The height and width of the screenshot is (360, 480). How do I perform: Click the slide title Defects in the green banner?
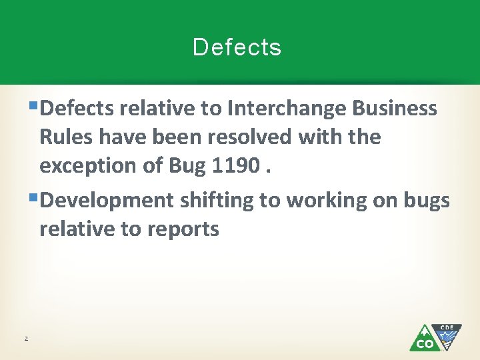click(237, 47)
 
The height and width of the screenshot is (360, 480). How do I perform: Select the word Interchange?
click(287, 108)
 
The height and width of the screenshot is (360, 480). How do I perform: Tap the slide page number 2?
click(26, 339)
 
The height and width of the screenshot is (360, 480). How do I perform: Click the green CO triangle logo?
click(423, 339)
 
